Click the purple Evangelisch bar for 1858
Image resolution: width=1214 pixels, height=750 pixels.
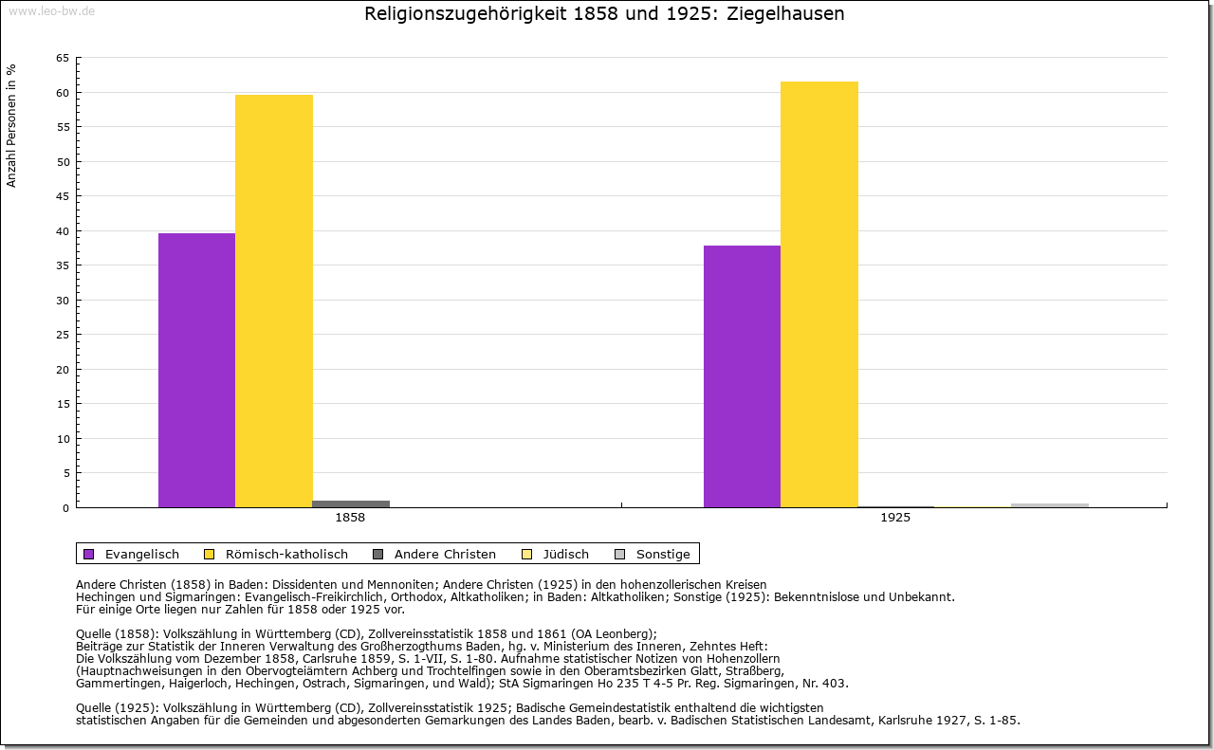196,370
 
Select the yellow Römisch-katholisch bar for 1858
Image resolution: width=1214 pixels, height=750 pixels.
274,301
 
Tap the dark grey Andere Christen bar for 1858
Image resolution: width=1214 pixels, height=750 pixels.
351,503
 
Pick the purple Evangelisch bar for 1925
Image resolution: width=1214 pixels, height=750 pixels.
742,376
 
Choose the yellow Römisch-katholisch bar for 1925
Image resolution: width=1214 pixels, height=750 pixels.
819,294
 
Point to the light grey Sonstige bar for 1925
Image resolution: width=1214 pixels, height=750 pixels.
1050,505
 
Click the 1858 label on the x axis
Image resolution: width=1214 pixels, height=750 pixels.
350,519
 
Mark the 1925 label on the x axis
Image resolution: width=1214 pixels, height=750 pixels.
895,519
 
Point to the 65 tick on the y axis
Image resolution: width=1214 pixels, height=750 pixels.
62,58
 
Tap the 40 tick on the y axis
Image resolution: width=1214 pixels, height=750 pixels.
62,231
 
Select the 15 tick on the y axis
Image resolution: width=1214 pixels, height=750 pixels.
62,404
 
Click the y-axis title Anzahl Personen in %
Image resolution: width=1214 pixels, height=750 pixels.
11,125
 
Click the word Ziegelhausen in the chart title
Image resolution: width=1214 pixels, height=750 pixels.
786,14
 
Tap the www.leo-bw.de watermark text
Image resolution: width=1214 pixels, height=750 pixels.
50,11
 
